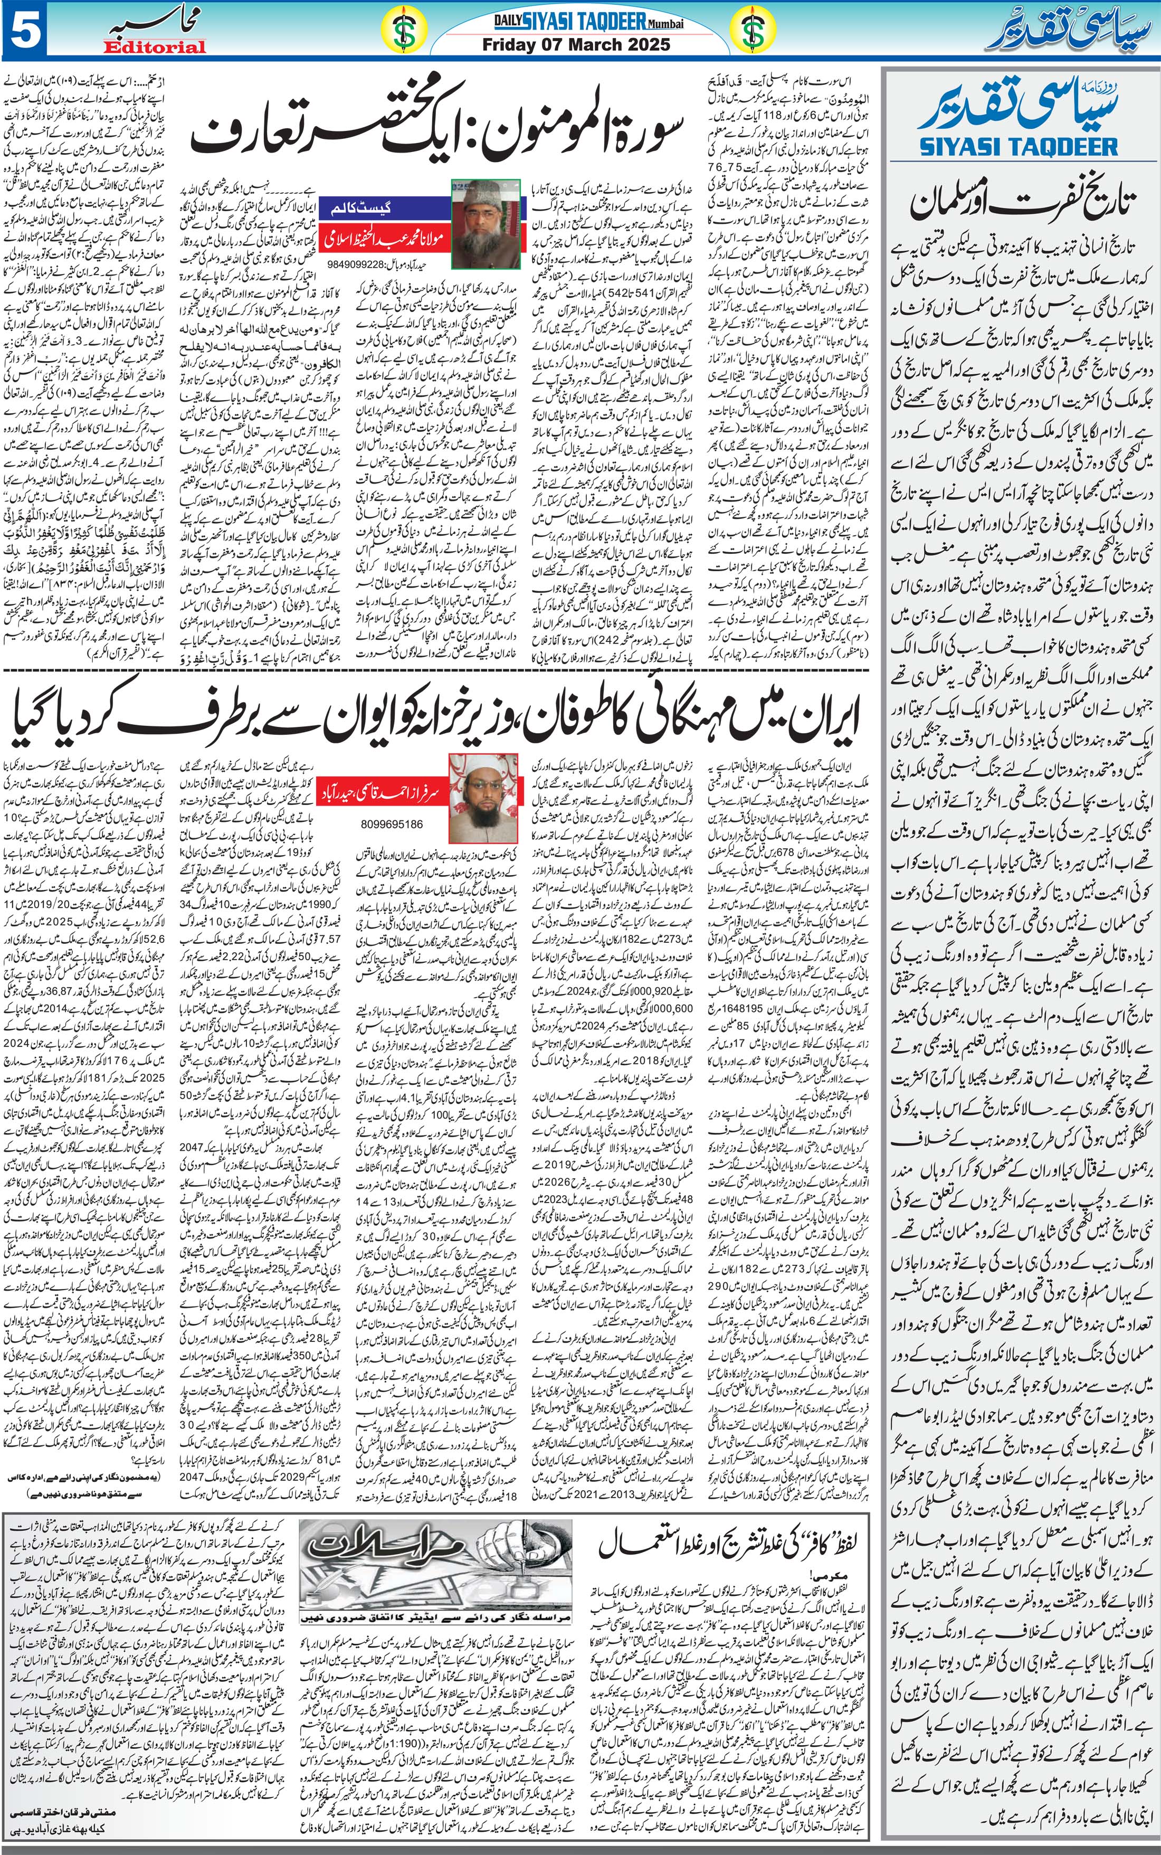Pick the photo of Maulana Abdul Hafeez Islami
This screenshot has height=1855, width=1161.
tap(486, 223)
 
